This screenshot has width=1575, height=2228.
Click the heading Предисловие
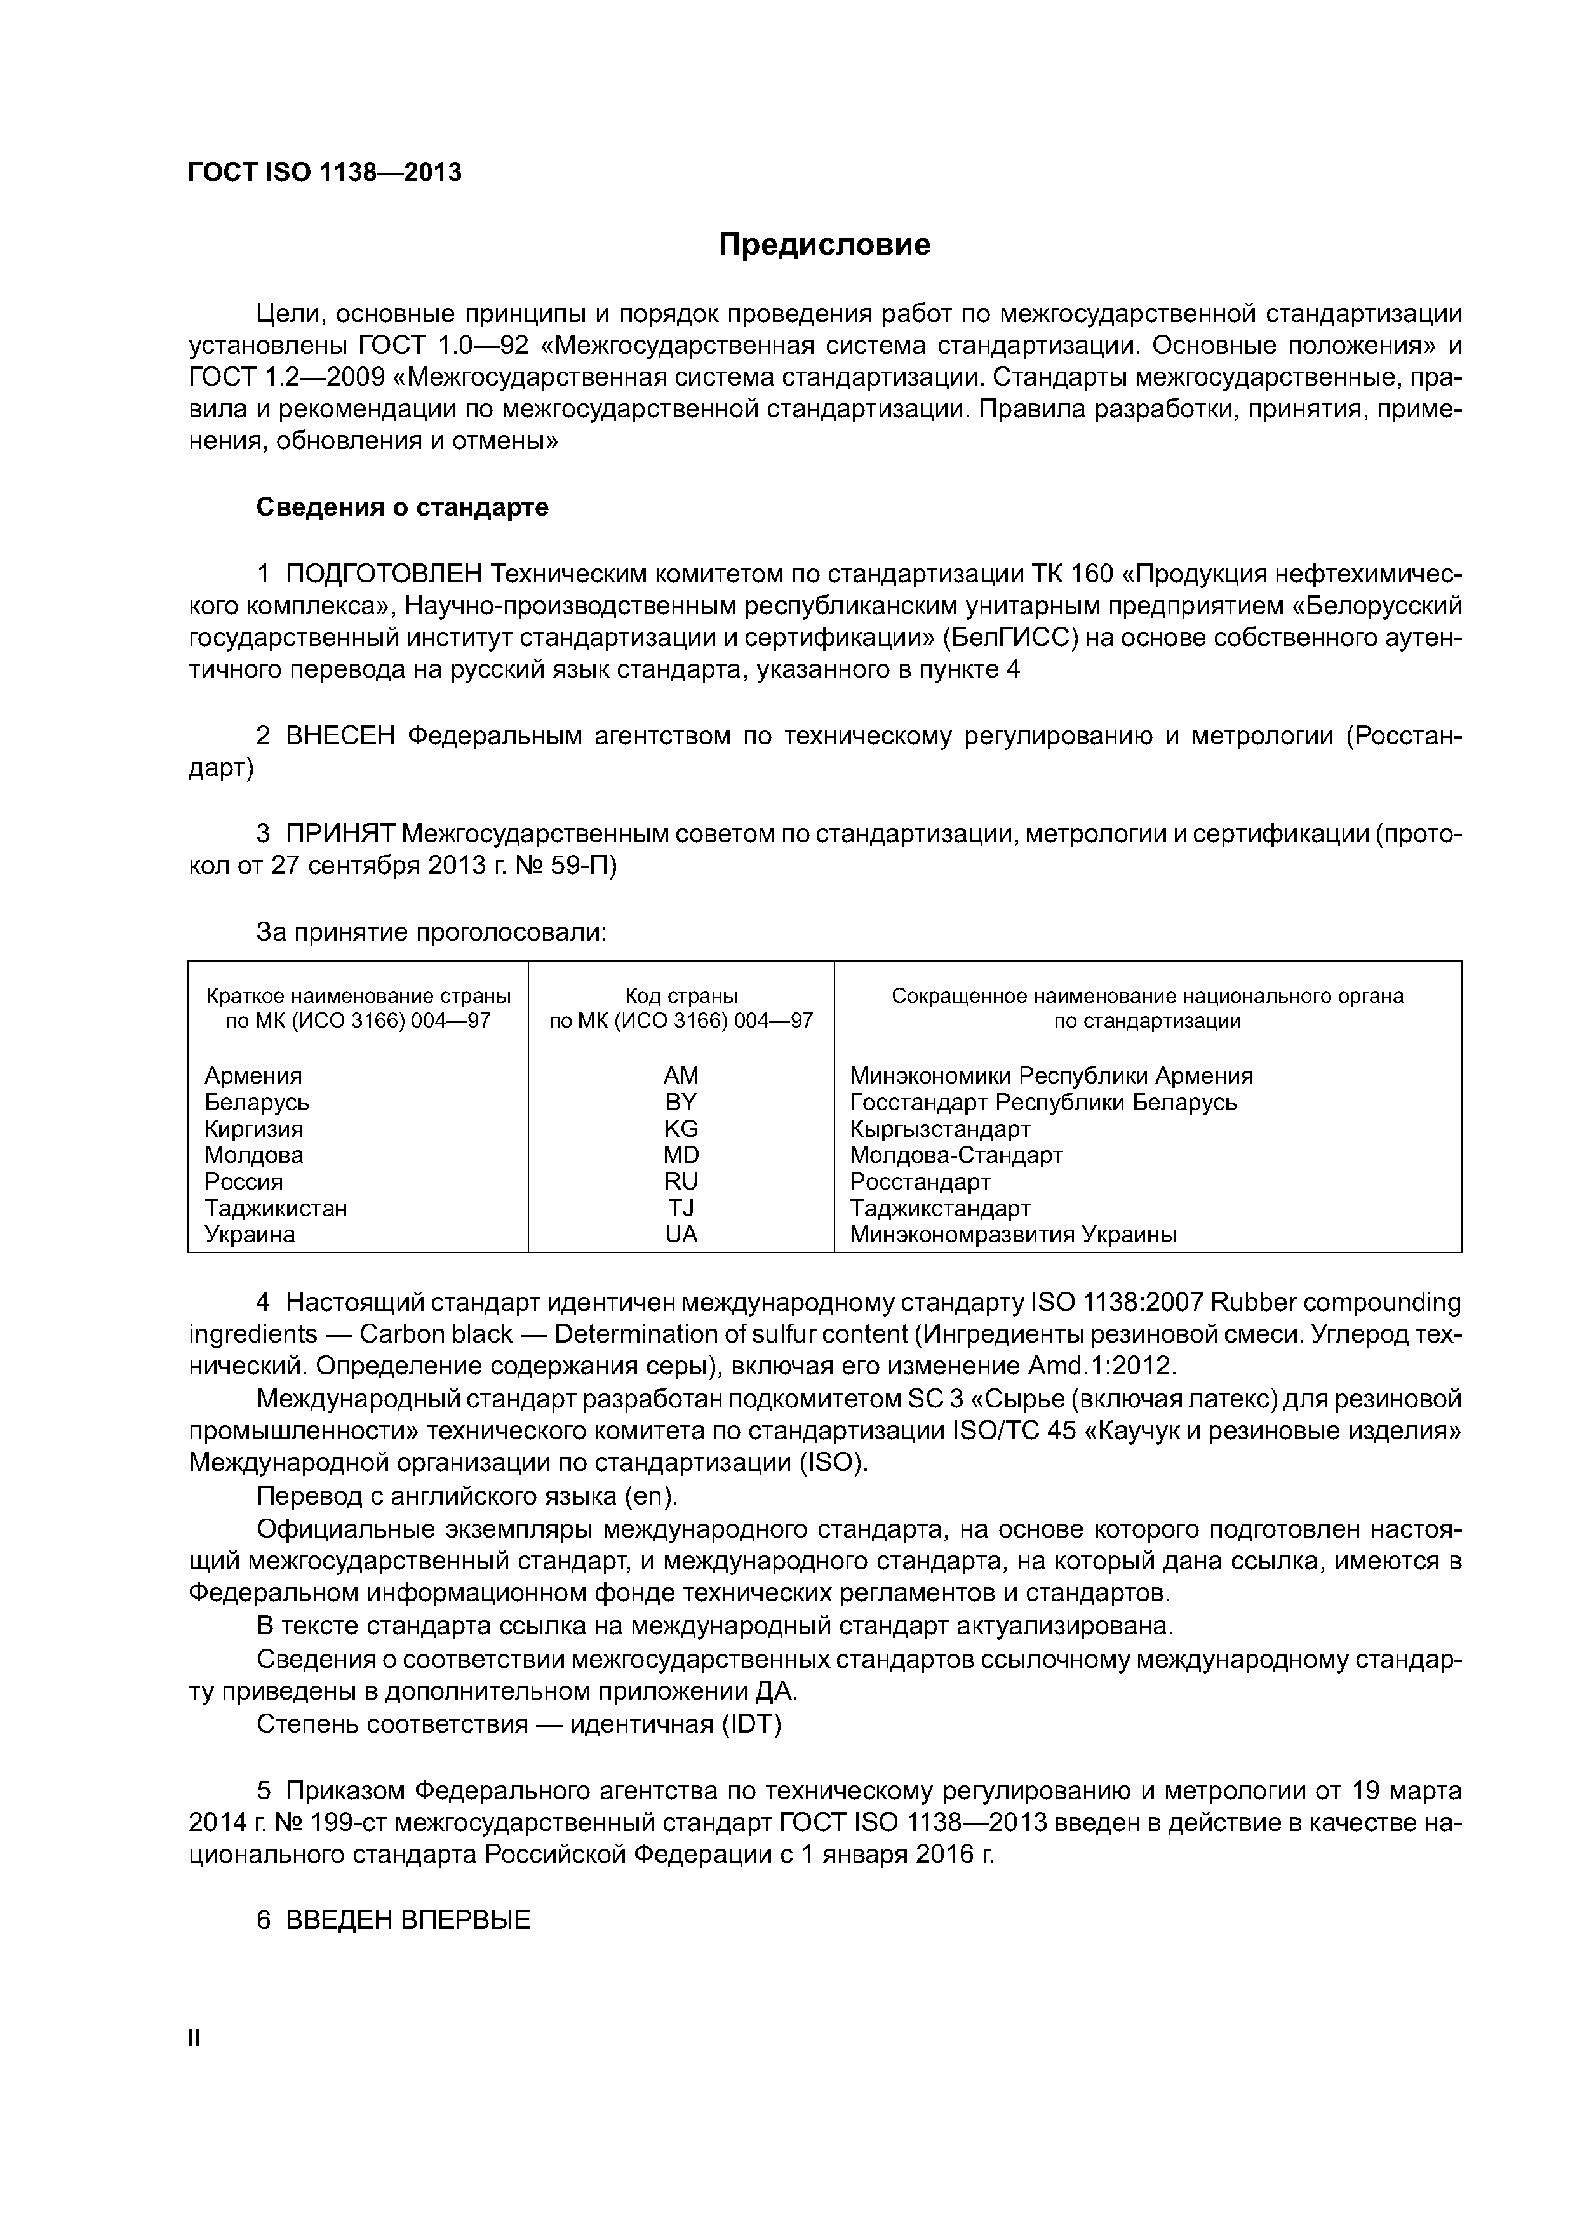pyautogui.click(x=824, y=245)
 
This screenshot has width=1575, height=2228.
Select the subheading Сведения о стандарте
pyautogui.click(x=402, y=507)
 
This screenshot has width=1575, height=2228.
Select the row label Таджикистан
pyautogui.click(x=276, y=1208)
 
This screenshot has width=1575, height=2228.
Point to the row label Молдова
pyautogui.click(x=253, y=1155)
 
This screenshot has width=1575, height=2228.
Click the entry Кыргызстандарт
pyautogui.click(x=939, y=1129)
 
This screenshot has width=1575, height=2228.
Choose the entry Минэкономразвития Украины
pyautogui.click(x=1012, y=1234)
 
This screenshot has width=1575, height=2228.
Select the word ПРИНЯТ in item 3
pyautogui.click(x=340, y=833)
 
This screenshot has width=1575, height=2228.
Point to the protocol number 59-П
pyautogui.click(x=583, y=866)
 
